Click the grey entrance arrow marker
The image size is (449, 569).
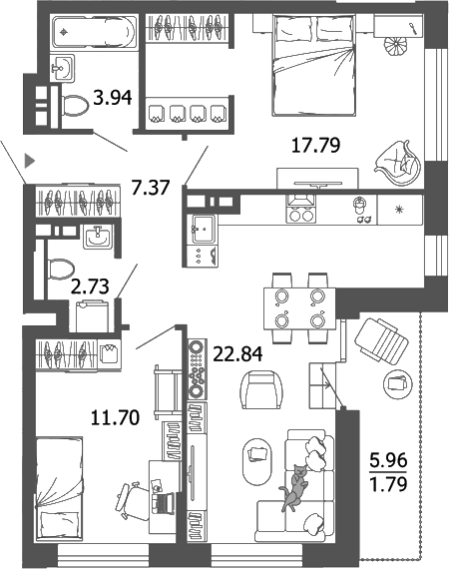click(x=30, y=159)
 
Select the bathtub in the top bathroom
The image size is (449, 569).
click(x=87, y=32)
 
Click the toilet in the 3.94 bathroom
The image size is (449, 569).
click(x=73, y=103)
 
